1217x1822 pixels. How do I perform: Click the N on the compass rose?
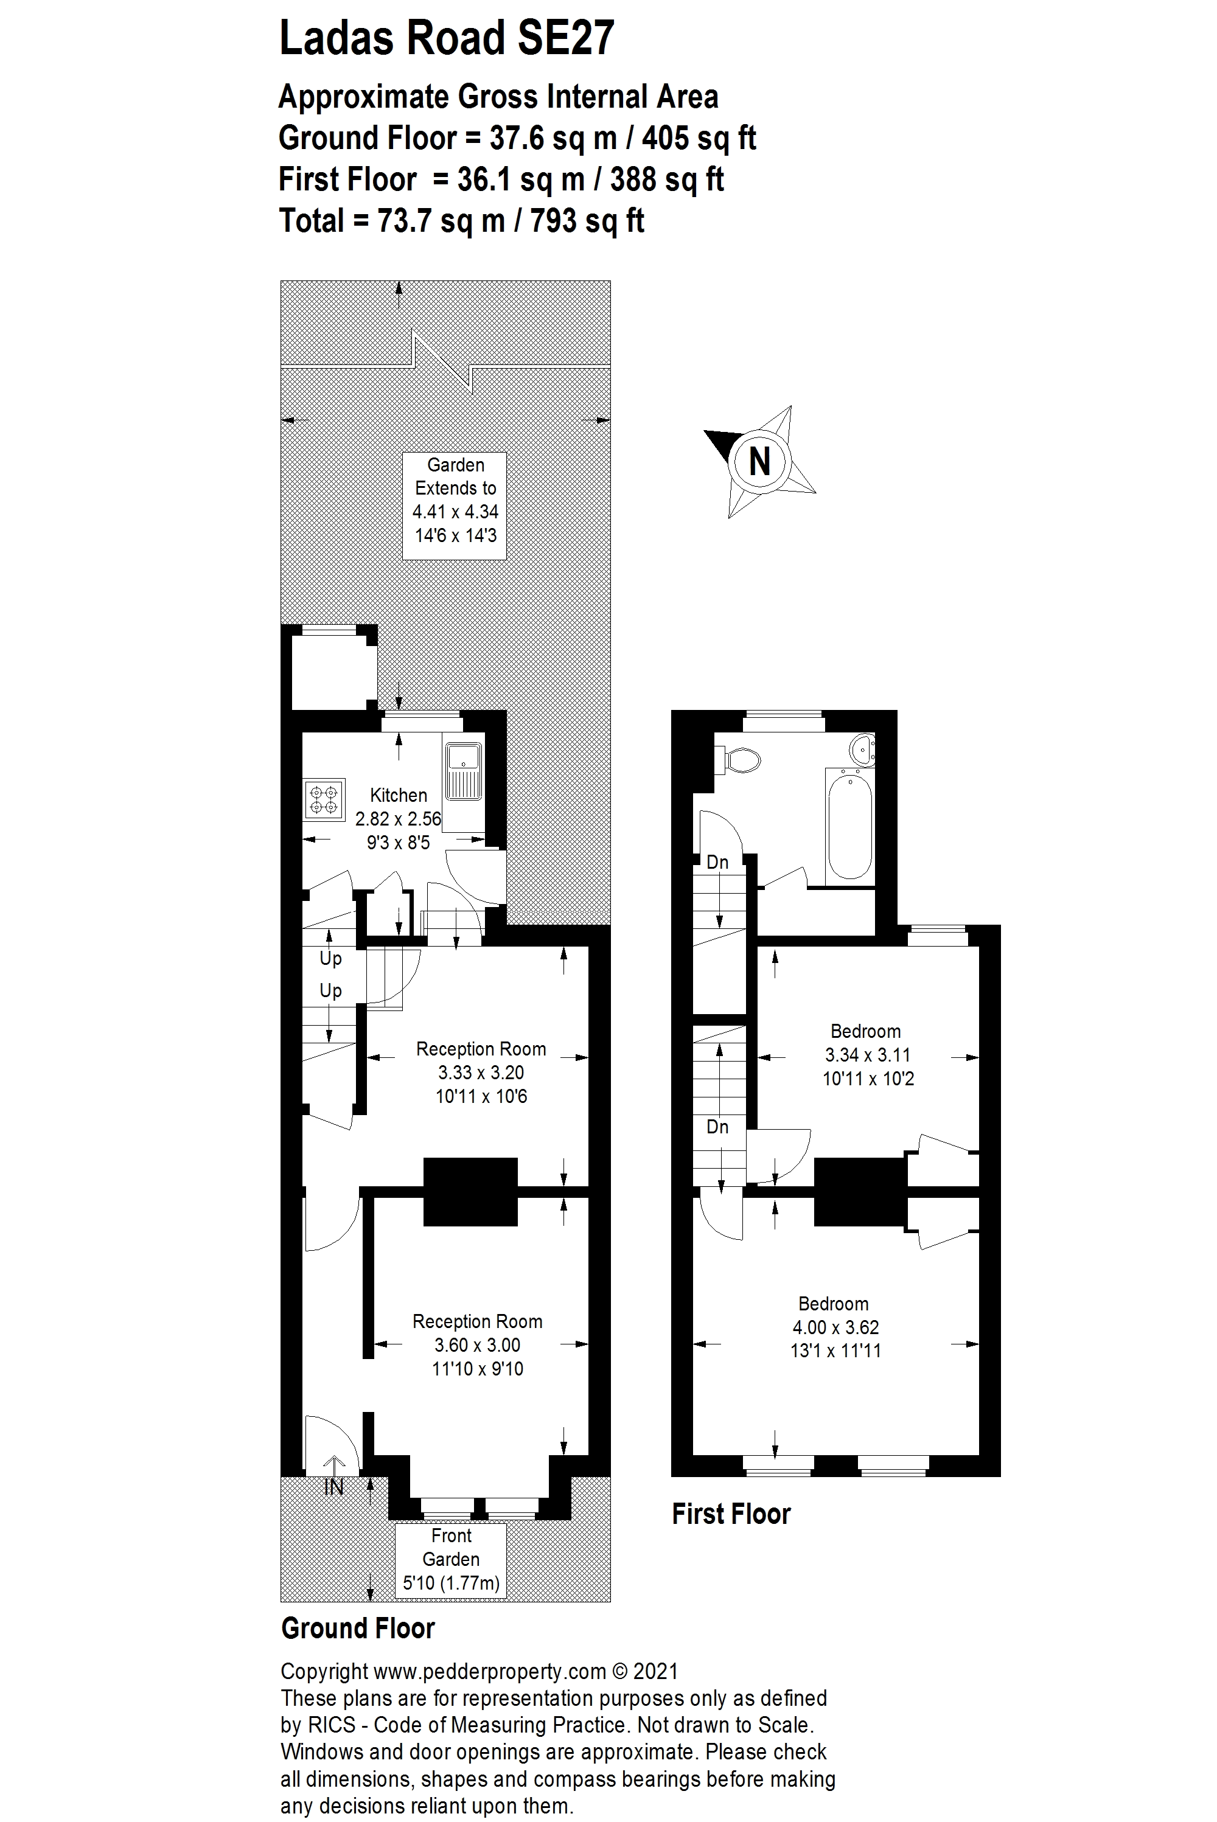click(x=759, y=462)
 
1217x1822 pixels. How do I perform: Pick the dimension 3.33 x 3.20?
click(x=481, y=1073)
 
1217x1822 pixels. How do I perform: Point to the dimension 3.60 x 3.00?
click(x=476, y=1345)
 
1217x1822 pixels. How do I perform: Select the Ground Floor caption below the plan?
click(x=357, y=1627)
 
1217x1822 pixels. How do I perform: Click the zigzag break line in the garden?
click(x=442, y=361)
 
